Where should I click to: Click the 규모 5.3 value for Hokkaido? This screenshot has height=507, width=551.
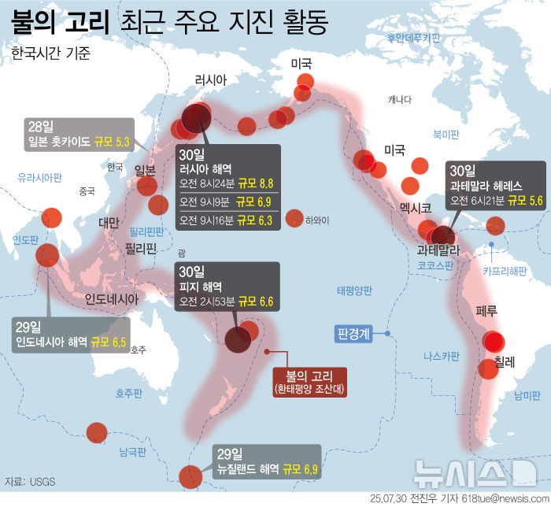tap(113, 142)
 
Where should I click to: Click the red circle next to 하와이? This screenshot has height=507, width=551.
tap(295, 219)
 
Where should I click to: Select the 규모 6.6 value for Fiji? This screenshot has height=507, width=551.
tap(255, 301)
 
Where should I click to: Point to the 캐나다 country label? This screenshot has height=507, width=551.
tap(400, 99)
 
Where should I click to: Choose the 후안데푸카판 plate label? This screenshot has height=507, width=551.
tap(413, 37)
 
